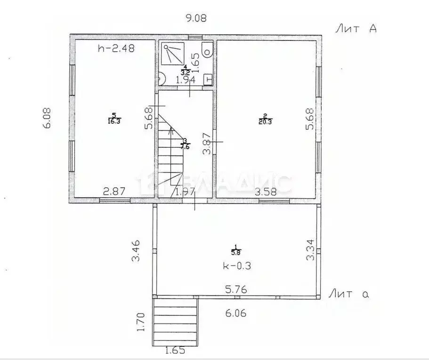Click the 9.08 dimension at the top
196,18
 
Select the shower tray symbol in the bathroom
172,53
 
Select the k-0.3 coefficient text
236,265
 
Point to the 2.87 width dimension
114,192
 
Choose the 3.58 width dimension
266,192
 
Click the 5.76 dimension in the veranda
235,289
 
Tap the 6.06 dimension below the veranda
236,312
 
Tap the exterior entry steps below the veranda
175,322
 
